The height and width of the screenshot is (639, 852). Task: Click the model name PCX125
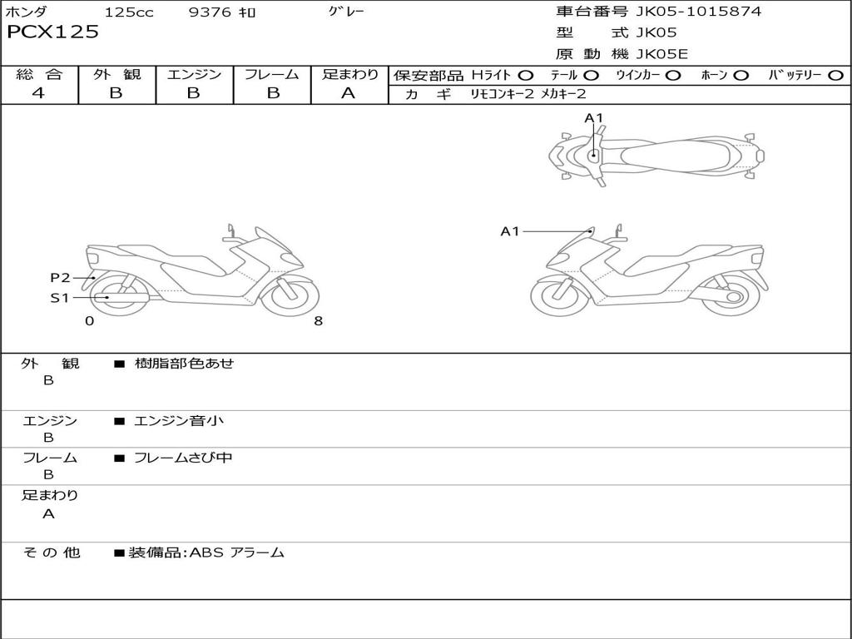point(52,32)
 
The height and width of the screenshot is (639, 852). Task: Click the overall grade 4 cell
point(38,93)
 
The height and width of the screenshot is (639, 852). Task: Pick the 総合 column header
point(39,74)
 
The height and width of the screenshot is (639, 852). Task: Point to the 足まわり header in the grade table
point(349,74)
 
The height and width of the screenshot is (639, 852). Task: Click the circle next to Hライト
point(526,75)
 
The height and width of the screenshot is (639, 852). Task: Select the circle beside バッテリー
point(835,75)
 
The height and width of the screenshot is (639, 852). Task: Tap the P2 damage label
point(60,278)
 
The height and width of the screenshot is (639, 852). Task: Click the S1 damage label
point(60,298)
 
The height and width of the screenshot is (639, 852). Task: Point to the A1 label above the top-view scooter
point(593,118)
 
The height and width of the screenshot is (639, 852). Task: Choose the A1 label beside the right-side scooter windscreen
point(510,231)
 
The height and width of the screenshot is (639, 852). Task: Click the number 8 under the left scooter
point(318,321)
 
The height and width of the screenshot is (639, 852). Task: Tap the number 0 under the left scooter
point(89,321)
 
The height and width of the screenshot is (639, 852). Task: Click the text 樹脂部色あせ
point(184,364)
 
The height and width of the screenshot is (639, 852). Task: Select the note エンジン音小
point(179,421)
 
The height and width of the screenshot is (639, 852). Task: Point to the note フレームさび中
point(183,458)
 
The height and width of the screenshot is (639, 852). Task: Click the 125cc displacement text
point(129,12)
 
